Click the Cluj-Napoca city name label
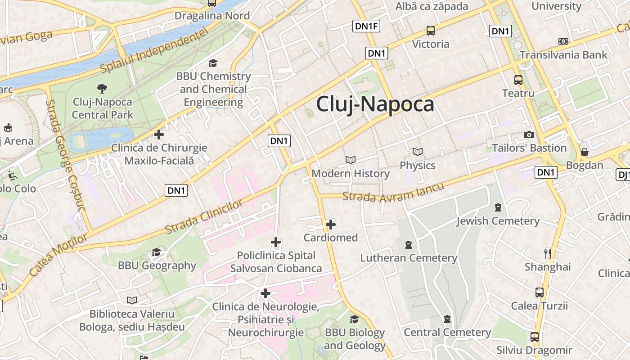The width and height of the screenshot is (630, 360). [x=375, y=104]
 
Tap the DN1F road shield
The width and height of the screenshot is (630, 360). [x=367, y=26]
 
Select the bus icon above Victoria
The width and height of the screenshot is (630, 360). [x=431, y=31]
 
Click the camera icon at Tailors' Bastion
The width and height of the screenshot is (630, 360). [x=529, y=135]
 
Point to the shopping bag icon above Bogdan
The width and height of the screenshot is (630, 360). [x=584, y=152]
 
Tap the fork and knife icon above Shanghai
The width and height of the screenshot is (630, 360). [x=548, y=253]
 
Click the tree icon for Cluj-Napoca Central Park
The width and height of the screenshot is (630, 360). [x=102, y=88]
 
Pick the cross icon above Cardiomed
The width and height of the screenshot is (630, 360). [x=331, y=224]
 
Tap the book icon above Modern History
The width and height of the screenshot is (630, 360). [x=351, y=160]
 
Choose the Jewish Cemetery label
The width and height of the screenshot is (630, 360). [x=498, y=221]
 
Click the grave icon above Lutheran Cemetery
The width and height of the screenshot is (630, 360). [x=409, y=245]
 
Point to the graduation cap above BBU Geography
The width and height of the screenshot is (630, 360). [x=156, y=252]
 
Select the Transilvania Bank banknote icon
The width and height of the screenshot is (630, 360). [x=563, y=41]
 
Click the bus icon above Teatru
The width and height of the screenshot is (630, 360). [x=518, y=80]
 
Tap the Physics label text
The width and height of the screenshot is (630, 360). [x=418, y=165]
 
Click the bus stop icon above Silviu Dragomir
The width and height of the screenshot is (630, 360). [x=534, y=337]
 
